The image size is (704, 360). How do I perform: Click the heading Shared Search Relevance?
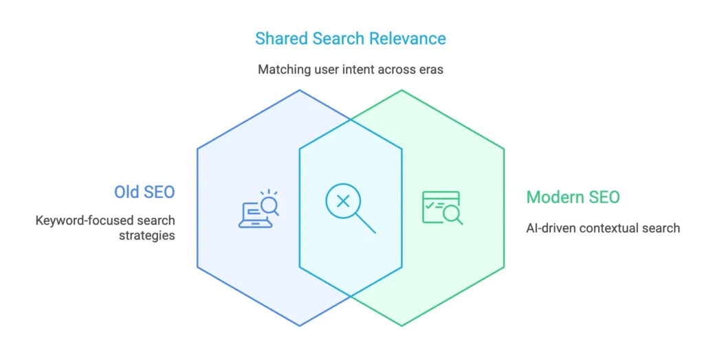pyautogui.click(x=351, y=38)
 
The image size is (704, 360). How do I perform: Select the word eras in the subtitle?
pyautogui.click(x=431, y=69)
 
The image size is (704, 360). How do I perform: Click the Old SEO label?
pyautogui.click(x=144, y=192)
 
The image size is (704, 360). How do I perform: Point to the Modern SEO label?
pyautogui.click(x=573, y=198)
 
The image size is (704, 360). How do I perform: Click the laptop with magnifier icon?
pyautogui.click(x=258, y=208)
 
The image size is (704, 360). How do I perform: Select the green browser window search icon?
pyautogui.click(x=441, y=207)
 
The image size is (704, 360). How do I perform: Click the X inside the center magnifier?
pyautogui.click(x=343, y=201)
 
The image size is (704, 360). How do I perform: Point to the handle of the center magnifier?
pyautogui.click(x=366, y=225)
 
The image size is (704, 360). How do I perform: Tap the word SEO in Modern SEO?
pyautogui.click(x=602, y=198)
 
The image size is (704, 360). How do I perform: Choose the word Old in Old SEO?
pyautogui.click(x=126, y=192)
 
